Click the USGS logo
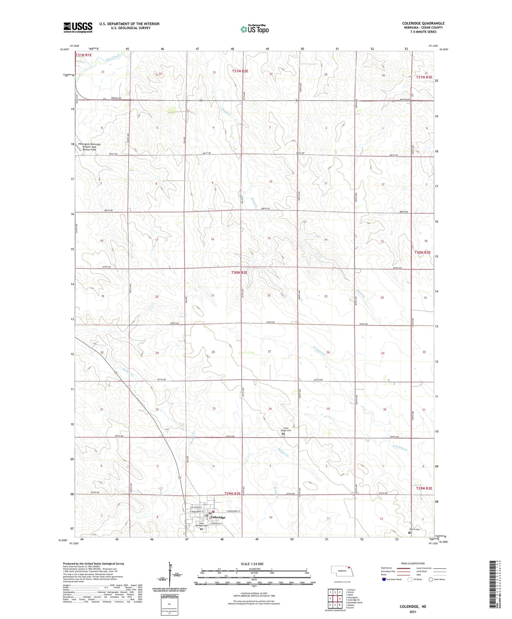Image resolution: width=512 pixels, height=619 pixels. click(x=78, y=27)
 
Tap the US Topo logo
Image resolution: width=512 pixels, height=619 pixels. click(x=254, y=29)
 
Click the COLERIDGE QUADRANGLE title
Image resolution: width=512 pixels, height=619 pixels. click(x=423, y=23)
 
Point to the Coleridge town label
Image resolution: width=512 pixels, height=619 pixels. click(x=218, y=517)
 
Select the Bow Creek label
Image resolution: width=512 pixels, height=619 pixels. click(x=113, y=57)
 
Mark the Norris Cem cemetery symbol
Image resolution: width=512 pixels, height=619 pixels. click(x=410, y=532)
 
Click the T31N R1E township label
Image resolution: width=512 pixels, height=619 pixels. click(x=84, y=55)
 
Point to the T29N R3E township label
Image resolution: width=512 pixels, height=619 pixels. click(x=424, y=488)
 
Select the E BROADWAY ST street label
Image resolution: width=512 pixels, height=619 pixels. click(x=229, y=511)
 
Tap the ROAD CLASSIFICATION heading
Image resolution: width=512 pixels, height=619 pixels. click(x=413, y=563)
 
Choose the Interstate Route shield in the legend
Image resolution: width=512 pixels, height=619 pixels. click(x=384, y=579)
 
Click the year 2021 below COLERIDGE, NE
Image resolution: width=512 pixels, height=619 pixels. click(x=413, y=612)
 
